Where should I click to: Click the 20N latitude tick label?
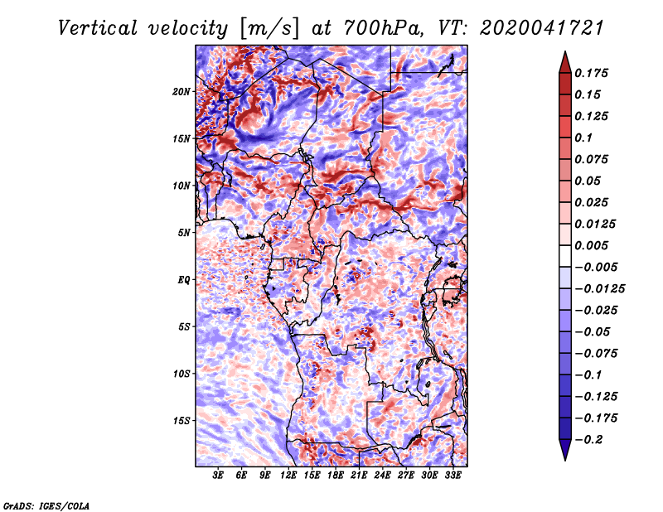181,92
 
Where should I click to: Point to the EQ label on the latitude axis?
183,280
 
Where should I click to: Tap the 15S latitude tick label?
181,421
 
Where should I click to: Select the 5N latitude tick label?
184,233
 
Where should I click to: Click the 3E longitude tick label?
218,476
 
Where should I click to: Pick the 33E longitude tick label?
452,476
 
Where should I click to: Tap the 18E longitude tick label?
336,476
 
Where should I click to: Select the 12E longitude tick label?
288,476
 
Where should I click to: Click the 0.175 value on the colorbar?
591,73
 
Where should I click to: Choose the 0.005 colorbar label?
591,245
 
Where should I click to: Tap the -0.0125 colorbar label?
599,289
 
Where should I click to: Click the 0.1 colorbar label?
583,138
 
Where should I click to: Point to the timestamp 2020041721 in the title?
542,28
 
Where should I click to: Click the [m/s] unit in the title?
269,29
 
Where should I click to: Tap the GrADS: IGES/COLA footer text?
46,505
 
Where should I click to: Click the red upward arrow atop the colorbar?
565,63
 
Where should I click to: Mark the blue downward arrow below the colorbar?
565,450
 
